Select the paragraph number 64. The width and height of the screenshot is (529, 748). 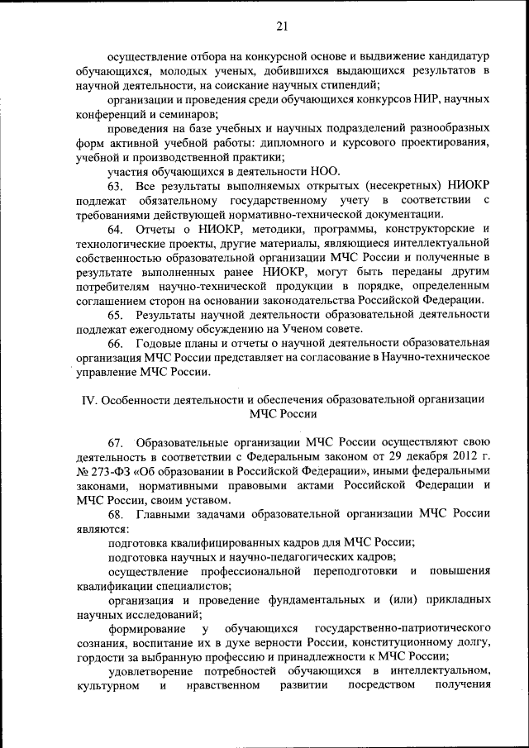coord(116,228)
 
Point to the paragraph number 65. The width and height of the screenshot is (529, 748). coord(116,315)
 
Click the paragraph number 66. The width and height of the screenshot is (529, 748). coord(116,343)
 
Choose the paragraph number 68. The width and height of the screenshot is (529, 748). coord(116,514)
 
